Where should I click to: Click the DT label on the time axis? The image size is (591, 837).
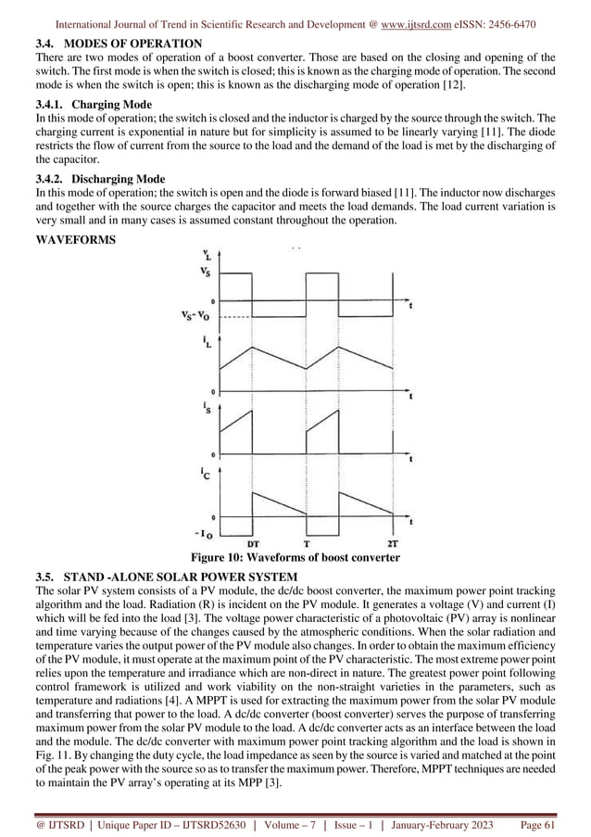(x=253, y=544)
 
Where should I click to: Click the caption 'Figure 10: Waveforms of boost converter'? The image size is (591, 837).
(x=295, y=558)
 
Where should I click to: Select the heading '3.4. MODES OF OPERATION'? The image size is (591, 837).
(x=118, y=44)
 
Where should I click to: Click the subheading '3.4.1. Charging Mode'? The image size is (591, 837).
(x=93, y=105)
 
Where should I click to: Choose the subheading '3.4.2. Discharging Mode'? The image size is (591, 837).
(x=99, y=179)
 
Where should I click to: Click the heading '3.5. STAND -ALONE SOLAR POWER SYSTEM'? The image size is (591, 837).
(x=165, y=577)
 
